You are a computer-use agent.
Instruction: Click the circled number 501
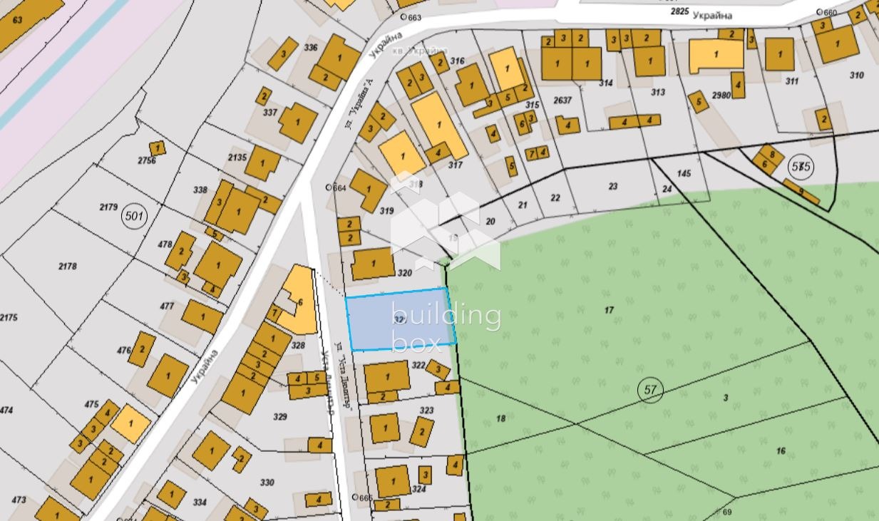[133, 217]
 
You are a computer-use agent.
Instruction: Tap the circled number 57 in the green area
[650, 390]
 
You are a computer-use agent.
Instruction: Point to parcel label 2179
[108, 207]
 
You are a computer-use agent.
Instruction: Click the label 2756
[146, 161]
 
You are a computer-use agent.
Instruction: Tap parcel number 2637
[563, 100]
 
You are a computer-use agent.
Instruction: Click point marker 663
[403, 17]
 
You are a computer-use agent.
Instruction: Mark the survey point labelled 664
[329, 187]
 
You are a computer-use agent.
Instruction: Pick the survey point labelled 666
[355, 497]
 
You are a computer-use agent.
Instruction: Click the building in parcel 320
[373, 264]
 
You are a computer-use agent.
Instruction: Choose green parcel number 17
[609, 310]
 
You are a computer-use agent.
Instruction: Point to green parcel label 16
[781, 450]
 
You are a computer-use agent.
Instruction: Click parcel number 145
[684, 173]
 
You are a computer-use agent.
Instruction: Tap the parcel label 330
[267, 483]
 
